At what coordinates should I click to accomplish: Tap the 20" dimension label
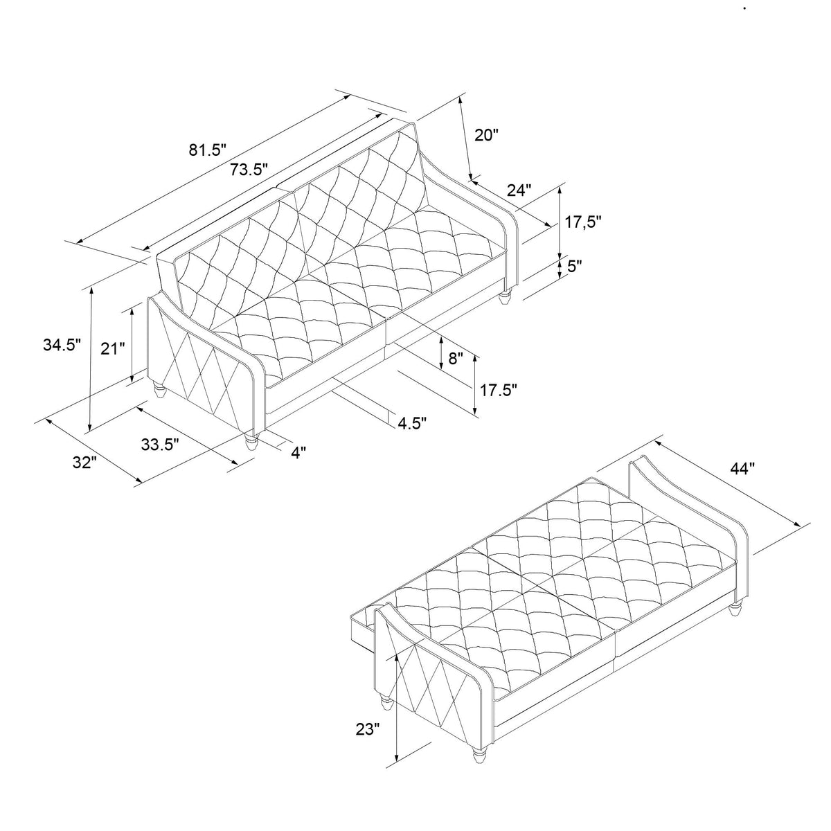click(487, 135)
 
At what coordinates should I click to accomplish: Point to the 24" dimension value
click(519, 189)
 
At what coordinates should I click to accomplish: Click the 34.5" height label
click(59, 343)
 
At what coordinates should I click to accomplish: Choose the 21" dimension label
click(113, 348)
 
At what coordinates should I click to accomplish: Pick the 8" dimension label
click(456, 358)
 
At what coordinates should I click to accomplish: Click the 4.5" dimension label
click(412, 422)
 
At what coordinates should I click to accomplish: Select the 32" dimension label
click(83, 463)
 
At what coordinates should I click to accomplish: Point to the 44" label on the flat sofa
click(742, 469)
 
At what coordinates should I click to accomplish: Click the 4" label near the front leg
click(298, 452)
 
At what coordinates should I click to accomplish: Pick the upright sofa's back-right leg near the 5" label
click(506, 298)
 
